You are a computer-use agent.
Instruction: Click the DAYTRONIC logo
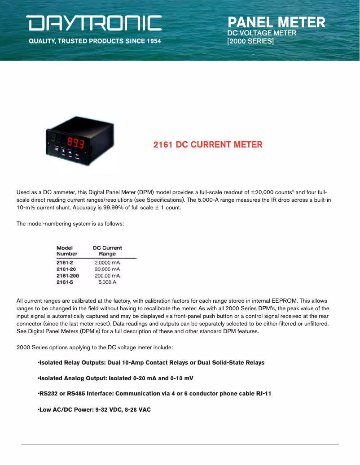click(94, 23)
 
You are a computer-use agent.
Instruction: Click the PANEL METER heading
click(276, 22)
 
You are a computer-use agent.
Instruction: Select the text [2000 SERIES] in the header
click(250, 41)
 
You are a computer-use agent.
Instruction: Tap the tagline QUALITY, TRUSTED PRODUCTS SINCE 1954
click(95, 41)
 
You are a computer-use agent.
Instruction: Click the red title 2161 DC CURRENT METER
click(208, 145)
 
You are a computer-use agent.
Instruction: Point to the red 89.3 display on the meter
click(76, 143)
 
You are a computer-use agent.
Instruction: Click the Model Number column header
click(67, 251)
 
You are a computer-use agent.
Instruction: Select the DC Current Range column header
click(107, 251)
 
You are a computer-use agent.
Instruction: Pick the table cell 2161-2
click(65, 262)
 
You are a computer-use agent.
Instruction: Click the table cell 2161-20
click(66, 269)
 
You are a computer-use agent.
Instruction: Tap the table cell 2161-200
click(68, 275)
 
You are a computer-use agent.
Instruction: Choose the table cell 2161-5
click(65, 282)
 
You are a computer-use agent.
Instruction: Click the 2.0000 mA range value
click(107, 262)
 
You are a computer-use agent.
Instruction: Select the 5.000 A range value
click(107, 282)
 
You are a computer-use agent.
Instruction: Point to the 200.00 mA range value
click(107, 275)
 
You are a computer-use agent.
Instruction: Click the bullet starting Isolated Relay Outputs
click(151, 362)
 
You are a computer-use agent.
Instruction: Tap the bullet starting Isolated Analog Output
click(115, 378)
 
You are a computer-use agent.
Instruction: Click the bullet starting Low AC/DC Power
click(94, 409)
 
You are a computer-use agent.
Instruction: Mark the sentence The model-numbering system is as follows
click(70, 223)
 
